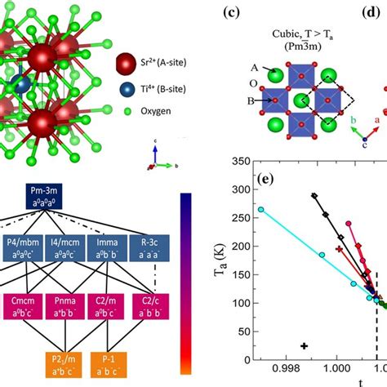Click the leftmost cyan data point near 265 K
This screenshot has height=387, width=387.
click(261, 210)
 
